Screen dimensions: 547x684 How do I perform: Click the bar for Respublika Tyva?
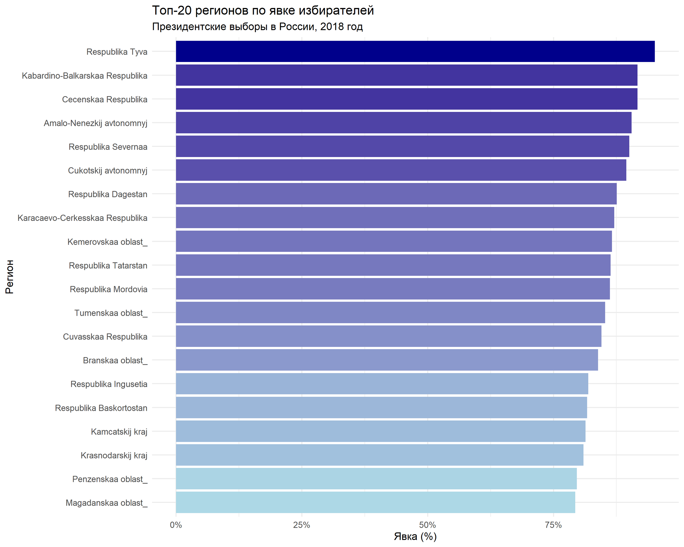pyautogui.click(x=415, y=51)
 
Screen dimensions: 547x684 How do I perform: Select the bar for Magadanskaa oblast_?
pyautogui.click(x=375, y=503)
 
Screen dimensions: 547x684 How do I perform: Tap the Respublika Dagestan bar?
pyautogui.click(x=396, y=194)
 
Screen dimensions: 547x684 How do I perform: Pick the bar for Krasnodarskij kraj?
pyautogui.click(x=379, y=455)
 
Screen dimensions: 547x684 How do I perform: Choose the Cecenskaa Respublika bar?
pyautogui.click(x=406, y=99)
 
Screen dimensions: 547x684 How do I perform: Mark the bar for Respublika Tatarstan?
pyautogui.click(x=393, y=265)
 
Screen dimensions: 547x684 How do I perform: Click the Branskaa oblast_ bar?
pyautogui.click(x=387, y=360)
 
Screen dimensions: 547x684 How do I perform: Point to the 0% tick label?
pyautogui.click(x=176, y=525)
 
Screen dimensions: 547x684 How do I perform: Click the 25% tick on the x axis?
pyautogui.click(x=301, y=525)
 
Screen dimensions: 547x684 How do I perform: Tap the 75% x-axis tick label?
pyautogui.click(x=553, y=525)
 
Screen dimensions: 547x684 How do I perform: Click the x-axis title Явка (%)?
pyautogui.click(x=415, y=537)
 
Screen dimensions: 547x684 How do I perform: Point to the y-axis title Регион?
pyautogui.click(x=10, y=276)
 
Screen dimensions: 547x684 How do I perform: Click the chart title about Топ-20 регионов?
pyautogui.click(x=263, y=10)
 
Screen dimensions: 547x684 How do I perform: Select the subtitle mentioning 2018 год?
pyautogui.click(x=257, y=27)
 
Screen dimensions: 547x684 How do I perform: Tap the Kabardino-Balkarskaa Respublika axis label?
pyautogui.click(x=84, y=76)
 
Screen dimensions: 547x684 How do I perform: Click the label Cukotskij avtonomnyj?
pyautogui.click(x=108, y=171)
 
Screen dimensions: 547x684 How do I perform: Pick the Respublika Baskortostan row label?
pyautogui.click(x=101, y=408)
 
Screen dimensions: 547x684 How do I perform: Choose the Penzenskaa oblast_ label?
pyautogui.click(x=110, y=479)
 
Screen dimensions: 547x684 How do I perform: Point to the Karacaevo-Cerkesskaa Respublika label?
pyautogui.click(x=82, y=218)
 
